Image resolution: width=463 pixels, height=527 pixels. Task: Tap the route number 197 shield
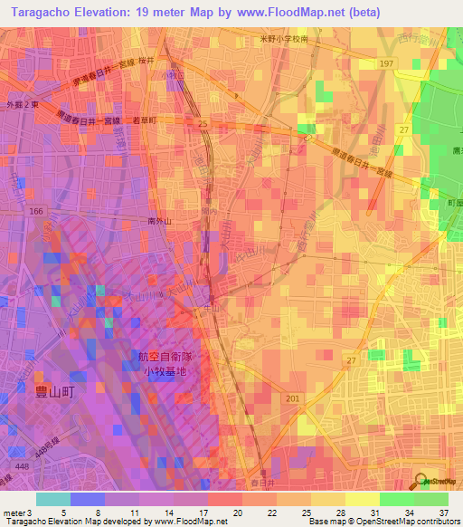[387, 62]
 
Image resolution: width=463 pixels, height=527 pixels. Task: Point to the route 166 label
[36, 211]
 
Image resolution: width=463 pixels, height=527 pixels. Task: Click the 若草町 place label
[145, 120]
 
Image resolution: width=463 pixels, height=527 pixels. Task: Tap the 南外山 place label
[160, 220]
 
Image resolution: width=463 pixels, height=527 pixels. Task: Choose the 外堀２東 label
[24, 104]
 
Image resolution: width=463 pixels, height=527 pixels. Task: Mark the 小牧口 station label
[173, 76]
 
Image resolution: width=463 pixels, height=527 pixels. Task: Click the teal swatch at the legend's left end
[53, 499]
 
